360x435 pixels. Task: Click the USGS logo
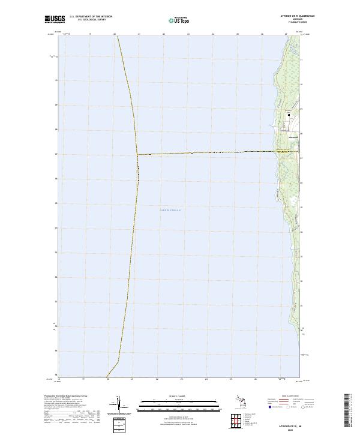(55, 19)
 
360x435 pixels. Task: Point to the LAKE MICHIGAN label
(170, 210)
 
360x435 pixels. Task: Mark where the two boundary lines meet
(137, 155)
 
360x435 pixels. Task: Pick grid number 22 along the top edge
(164, 34)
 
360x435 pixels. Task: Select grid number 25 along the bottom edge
(231, 379)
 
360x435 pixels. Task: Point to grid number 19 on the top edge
(90, 34)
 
